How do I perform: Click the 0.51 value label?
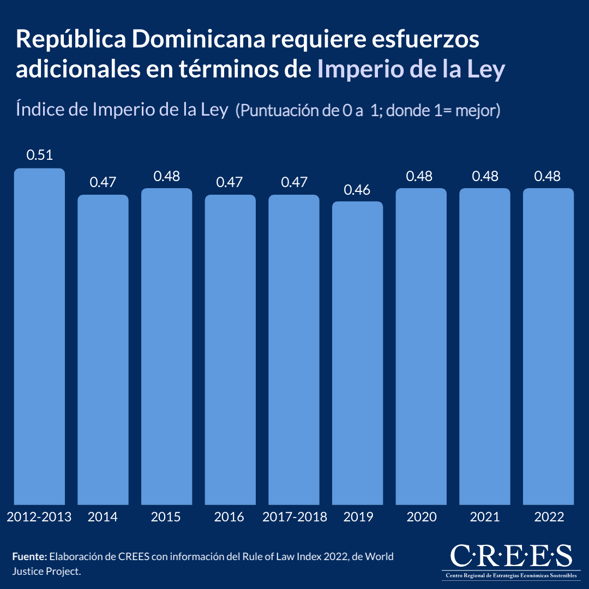pos(39,155)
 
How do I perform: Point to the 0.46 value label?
pos(357,190)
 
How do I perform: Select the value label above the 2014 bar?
pos(103,182)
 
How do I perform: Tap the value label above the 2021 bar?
pos(484,176)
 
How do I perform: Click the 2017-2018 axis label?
pos(294,517)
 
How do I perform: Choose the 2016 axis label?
pos(230,517)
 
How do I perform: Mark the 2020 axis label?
pos(421,517)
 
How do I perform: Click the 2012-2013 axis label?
pos(39,517)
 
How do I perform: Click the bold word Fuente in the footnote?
pos(29,557)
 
